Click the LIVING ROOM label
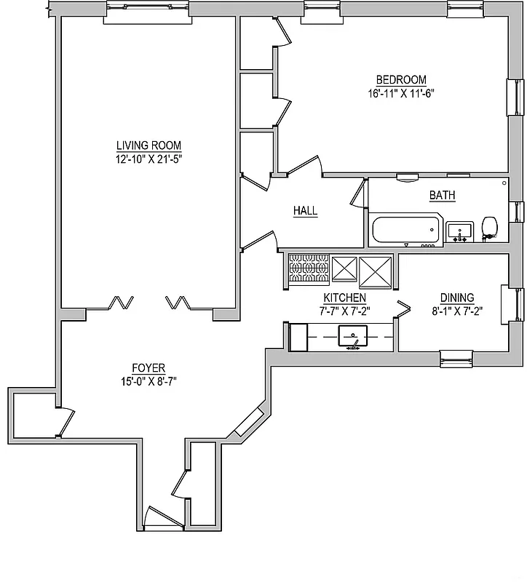(x=148, y=145)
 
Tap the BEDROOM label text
(x=400, y=80)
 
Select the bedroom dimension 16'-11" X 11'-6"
(x=401, y=93)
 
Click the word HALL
(x=305, y=211)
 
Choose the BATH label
(x=442, y=195)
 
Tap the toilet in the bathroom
(x=490, y=228)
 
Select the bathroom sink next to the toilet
(x=459, y=232)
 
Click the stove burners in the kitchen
(x=309, y=268)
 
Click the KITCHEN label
(x=344, y=298)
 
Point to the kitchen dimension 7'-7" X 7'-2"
(x=345, y=311)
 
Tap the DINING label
(x=457, y=298)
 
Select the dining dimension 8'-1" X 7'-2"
(x=457, y=311)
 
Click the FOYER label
(x=148, y=367)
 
